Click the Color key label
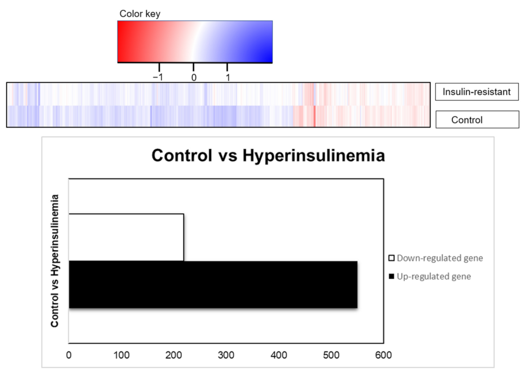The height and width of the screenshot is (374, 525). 140,14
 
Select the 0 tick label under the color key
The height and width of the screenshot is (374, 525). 194,77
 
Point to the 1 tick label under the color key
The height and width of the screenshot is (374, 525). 228,77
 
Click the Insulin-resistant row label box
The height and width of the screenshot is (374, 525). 477,92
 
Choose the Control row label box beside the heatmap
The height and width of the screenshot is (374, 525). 477,120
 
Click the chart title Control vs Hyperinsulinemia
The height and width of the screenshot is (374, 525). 268,156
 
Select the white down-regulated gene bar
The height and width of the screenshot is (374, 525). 126,237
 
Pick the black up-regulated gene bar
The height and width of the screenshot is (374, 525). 213,285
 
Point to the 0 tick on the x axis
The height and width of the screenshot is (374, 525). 69,355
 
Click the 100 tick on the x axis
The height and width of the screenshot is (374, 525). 121,355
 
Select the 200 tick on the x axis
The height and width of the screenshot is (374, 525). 174,355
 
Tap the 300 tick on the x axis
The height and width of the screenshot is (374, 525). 226,355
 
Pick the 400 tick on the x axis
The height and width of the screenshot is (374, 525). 278,355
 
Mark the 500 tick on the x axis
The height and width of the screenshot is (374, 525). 331,355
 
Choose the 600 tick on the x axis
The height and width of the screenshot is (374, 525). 383,355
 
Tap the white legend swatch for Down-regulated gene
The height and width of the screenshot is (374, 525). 391,258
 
